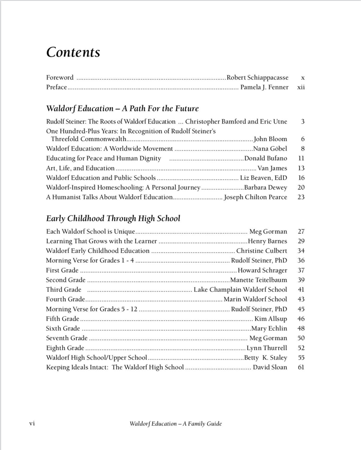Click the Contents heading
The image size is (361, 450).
pos(73,52)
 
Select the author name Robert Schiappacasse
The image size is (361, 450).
pos(257,78)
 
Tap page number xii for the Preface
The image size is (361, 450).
pos(301,87)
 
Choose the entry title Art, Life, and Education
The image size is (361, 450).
pos(80,168)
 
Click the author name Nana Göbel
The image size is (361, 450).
pos(270,149)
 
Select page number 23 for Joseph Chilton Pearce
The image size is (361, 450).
pos(301,197)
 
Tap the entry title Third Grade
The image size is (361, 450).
pos(64,290)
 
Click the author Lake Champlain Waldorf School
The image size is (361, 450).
pos(240,290)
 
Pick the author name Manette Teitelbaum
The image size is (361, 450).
pos(259,280)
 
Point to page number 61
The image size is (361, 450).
pos(301,367)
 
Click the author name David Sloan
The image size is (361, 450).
pos(270,367)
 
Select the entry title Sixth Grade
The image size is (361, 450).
pos(63,329)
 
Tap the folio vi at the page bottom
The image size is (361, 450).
pos(32,424)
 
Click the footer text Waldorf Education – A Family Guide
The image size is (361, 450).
pos(176,424)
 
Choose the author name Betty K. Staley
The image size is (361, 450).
pos(266,358)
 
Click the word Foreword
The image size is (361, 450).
pos(60,78)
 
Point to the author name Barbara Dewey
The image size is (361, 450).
pos(266,187)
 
